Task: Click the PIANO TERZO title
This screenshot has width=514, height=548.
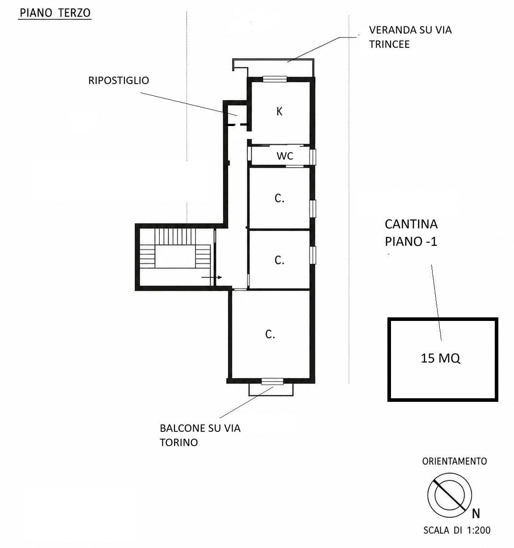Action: (x=55, y=13)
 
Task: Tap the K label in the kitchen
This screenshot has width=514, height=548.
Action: (x=280, y=111)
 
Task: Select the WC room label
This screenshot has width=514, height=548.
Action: (x=285, y=156)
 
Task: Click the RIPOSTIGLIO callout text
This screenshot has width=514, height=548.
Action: (x=119, y=80)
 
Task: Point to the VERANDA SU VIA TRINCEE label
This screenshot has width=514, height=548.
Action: (x=410, y=37)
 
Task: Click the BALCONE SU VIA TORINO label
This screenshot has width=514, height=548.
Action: (x=200, y=435)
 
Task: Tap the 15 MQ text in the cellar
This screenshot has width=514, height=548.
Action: (x=441, y=358)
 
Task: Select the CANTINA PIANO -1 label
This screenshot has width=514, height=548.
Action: (x=411, y=233)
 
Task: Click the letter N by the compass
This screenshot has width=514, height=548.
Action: (x=476, y=514)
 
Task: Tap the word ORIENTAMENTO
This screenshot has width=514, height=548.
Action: (x=455, y=461)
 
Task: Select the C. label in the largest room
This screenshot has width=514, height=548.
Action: (x=270, y=334)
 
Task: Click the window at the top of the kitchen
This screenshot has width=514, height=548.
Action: (x=275, y=79)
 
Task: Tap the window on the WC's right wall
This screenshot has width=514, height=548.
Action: (x=313, y=157)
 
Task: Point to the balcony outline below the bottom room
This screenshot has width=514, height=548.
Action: (x=271, y=396)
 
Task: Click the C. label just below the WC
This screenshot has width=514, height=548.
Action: (x=280, y=198)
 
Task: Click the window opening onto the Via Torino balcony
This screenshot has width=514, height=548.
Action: (x=272, y=382)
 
